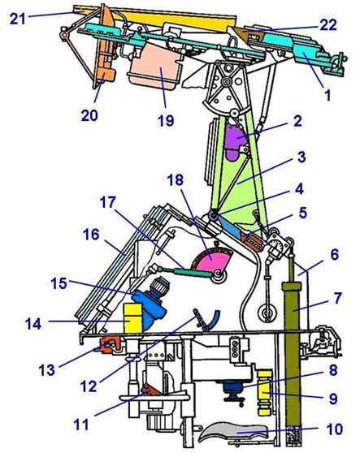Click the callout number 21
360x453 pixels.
18,19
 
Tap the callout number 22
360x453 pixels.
328,25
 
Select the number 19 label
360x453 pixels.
166,120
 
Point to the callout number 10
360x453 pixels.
334,429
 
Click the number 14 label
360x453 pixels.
33,324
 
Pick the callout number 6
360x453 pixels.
334,255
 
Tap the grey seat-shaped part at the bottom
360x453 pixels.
234,433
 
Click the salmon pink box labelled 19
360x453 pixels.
154,66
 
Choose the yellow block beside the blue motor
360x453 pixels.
132,317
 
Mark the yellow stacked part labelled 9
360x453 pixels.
265,393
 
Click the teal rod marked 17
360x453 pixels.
185,272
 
